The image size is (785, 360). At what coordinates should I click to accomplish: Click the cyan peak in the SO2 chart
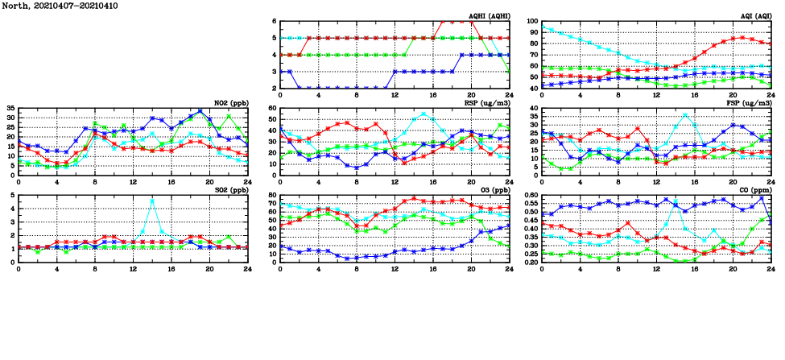(x=152, y=201)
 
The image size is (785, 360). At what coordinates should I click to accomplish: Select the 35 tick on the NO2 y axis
(x=10, y=108)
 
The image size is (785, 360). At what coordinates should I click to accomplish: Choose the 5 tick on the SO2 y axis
(x=13, y=195)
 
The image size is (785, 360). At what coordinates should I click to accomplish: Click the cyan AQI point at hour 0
(x=542, y=27)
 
